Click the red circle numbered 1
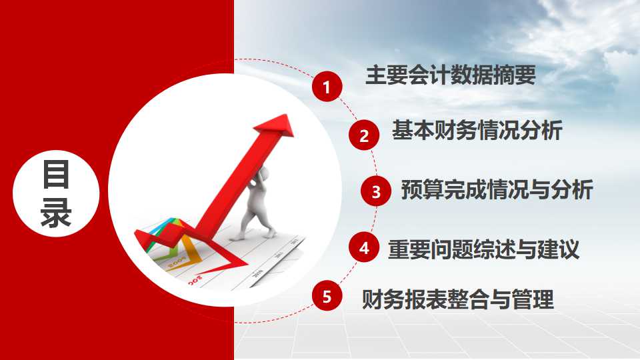coord(326,87)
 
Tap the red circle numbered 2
coord(364,137)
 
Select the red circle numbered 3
coord(376,193)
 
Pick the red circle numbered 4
coord(364,249)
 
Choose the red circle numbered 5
coord(326,297)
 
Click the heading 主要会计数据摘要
coord(451,75)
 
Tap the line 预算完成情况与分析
coord(497,190)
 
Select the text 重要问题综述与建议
coord(484,249)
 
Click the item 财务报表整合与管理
coord(457,299)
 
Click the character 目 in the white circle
coord(56,175)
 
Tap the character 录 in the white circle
coord(56,213)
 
